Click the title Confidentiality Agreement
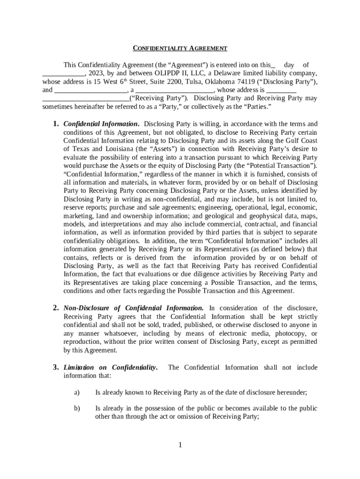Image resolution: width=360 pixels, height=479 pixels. [180, 48]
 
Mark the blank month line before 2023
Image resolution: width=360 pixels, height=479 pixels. [63, 74]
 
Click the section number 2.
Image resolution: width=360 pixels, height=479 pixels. [55, 308]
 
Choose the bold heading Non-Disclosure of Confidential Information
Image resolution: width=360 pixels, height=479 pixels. [133, 308]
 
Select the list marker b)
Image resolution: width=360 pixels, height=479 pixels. [77, 408]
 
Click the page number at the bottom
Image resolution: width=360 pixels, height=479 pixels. [180, 445]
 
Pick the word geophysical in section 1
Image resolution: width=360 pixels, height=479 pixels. [264, 216]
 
